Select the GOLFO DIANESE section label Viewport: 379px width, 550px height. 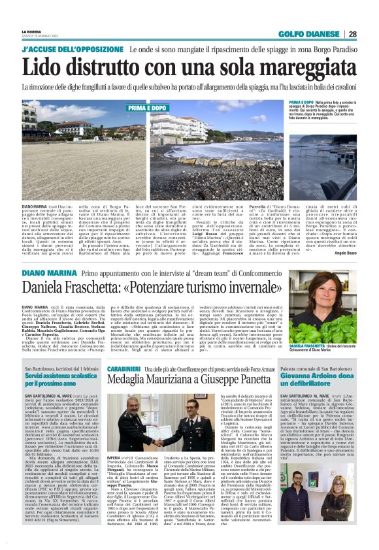pos(309,35)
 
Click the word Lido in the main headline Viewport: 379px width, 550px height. pos(45,67)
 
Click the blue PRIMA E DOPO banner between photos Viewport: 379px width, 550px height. pos(148,107)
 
